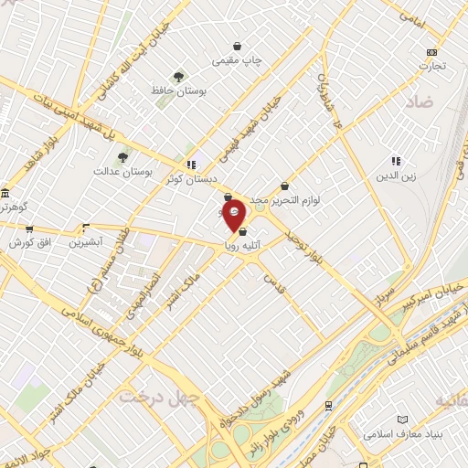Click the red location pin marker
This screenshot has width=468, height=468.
click(234, 215)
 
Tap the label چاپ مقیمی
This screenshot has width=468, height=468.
click(237, 60)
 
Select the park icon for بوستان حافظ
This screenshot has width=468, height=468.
click(177, 78)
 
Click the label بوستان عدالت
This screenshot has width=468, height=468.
click(122, 171)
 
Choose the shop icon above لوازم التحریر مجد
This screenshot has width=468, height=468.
click(285, 186)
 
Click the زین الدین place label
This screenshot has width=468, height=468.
click(395, 175)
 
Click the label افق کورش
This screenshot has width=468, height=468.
click(28, 243)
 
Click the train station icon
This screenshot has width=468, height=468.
click(328, 404)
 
